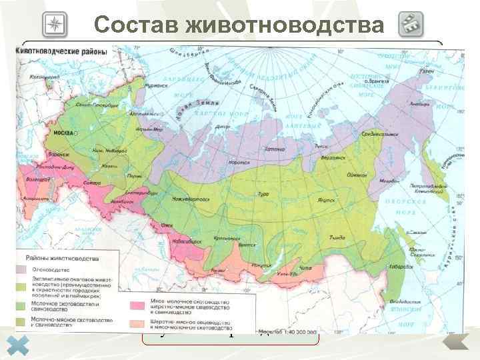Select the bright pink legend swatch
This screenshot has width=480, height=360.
click(x=137, y=305)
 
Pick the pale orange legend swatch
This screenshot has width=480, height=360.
click(x=137, y=323)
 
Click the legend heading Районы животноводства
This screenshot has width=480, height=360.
click(x=65, y=257)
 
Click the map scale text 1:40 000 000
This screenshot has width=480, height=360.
click(x=299, y=331)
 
